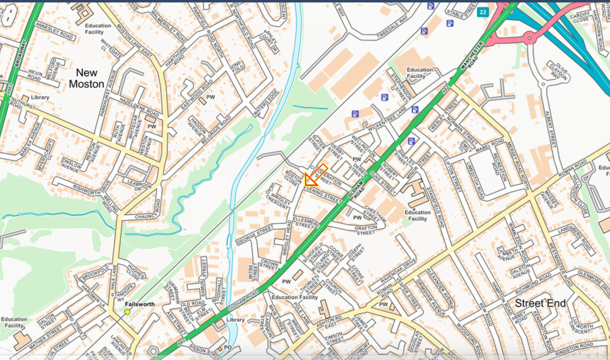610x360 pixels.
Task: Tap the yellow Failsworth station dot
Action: point(127,312)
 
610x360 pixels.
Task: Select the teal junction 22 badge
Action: point(483,12)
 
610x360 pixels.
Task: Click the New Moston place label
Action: point(87,79)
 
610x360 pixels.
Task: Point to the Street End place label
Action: point(540,303)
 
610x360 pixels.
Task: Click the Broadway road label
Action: point(21,54)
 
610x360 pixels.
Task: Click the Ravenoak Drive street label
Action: point(399,271)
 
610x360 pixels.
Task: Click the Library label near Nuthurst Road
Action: point(40,97)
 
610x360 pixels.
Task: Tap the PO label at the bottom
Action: point(228,347)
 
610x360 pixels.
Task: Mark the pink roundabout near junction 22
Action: point(529,39)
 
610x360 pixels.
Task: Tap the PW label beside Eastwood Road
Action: point(210,97)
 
